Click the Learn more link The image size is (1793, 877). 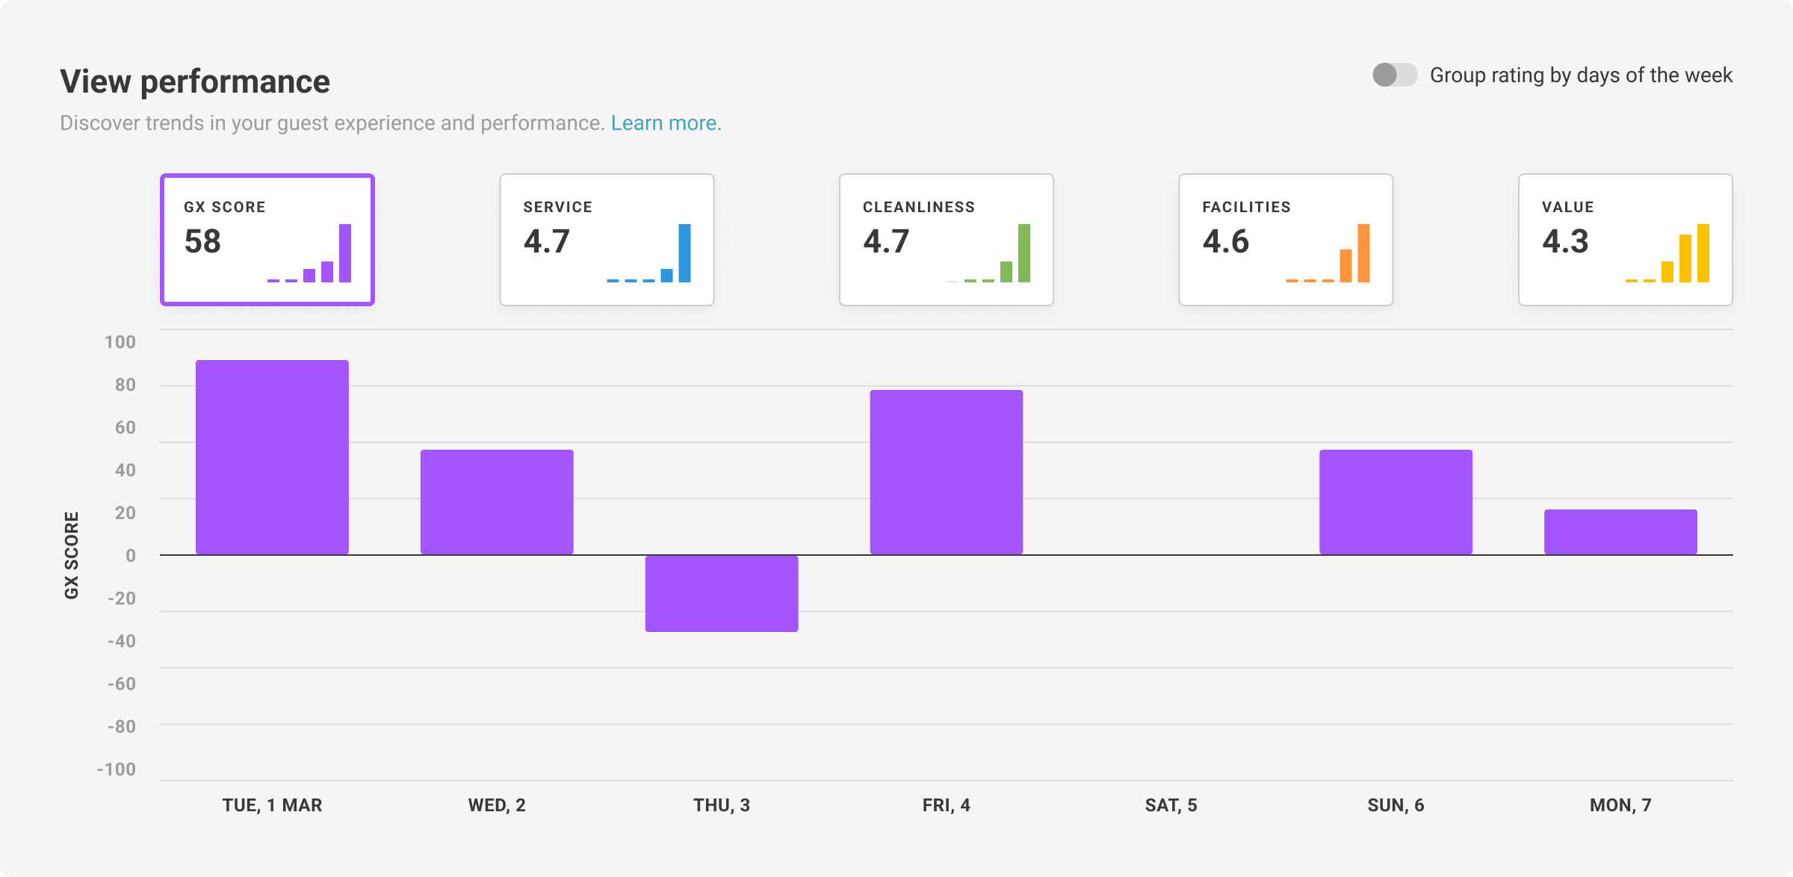point(666,123)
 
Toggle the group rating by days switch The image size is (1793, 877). point(1394,75)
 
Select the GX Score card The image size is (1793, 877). point(267,240)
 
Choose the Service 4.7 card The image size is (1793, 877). point(607,240)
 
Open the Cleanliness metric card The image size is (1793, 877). point(946,240)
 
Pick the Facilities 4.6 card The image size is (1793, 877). point(1286,240)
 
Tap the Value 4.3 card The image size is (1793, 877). point(1625,240)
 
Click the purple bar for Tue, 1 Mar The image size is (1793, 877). point(272,457)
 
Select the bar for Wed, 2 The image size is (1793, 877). point(497,502)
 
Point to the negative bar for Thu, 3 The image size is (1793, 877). point(722,593)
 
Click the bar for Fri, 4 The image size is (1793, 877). point(946,472)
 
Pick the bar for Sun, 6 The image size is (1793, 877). point(1396,502)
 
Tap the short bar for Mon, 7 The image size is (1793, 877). point(1620,532)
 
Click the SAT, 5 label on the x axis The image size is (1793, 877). point(1171,805)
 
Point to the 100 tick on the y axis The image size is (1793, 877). point(120,342)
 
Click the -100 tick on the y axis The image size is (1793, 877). point(117,769)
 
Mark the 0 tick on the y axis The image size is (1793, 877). point(131,555)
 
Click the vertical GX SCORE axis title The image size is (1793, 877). point(72,555)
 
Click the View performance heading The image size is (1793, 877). point(195,81)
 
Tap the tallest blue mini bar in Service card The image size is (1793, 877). point(684,253)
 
